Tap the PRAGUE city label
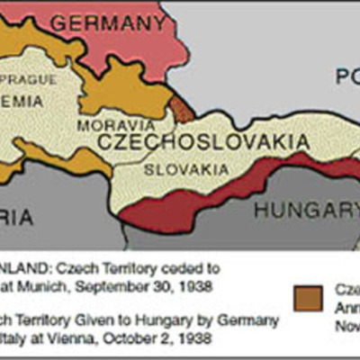(x=32, y=79)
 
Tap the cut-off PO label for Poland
(x=346, y=77)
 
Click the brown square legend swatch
(x=307, y=298)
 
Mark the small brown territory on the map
(x=183, y=110)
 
